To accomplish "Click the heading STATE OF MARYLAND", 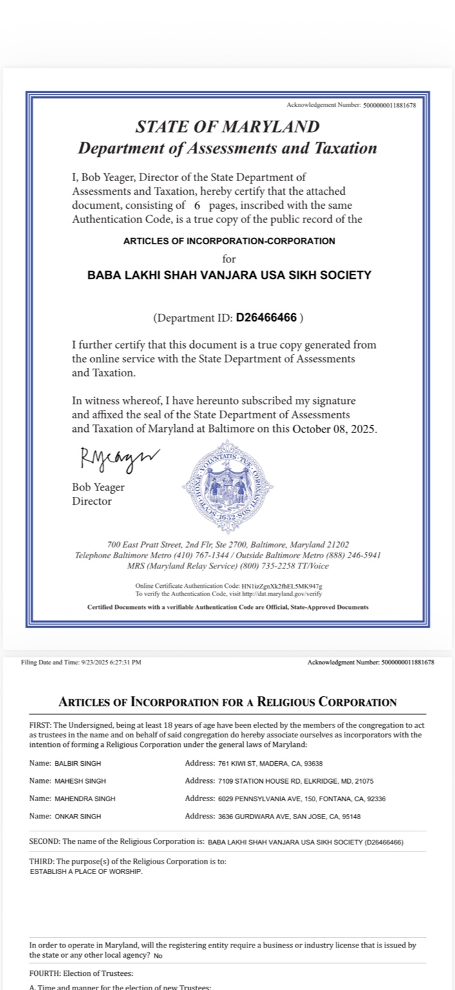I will tap(227, 126).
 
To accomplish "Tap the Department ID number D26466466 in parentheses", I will tap(266, 317).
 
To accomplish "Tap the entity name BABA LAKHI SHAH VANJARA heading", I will tap(229, 275).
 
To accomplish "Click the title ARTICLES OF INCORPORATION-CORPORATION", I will tap(229, 241).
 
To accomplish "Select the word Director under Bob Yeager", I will tap(92, 501).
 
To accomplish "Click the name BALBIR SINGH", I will tap(77, 764).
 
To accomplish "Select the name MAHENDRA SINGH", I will tap(85, 799).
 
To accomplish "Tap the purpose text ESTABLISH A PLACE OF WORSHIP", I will tap(86, 871).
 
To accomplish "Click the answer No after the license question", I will tap(158, 956).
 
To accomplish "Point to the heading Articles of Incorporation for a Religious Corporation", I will tap(227, 702).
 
